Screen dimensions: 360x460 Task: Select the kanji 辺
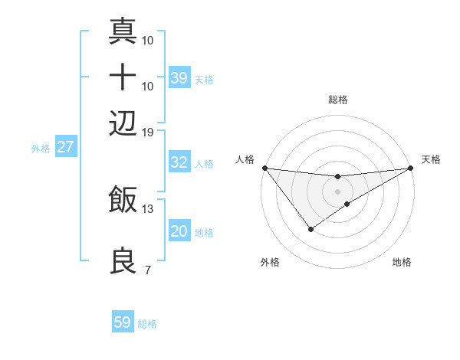[x=123, y=122]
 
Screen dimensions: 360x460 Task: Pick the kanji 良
[x=123, y=260]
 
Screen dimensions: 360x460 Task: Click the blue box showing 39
[x=179, y=78]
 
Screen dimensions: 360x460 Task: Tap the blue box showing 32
[x=179, y=162]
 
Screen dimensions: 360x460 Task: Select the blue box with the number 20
[x=179, y=231]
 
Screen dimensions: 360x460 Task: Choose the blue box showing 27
[x=65, y=147]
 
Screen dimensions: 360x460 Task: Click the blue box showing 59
[x=123, y=322]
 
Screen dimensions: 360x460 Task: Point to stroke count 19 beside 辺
[x=147, y=132]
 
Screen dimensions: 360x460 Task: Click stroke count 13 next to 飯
[x=147, y=208]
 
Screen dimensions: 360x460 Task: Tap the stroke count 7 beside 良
[x=147, y=270]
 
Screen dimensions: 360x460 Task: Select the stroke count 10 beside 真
[x=148, y=39]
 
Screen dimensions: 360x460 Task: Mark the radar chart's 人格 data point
[x=264, y=168]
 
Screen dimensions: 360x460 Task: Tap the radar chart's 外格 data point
[x=310, y=229]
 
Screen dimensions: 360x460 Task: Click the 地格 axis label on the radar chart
[x=402, y=262]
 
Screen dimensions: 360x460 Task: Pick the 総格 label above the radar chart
[x=338, y=100]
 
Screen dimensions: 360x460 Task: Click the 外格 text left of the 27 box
[x=40, y=149]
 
